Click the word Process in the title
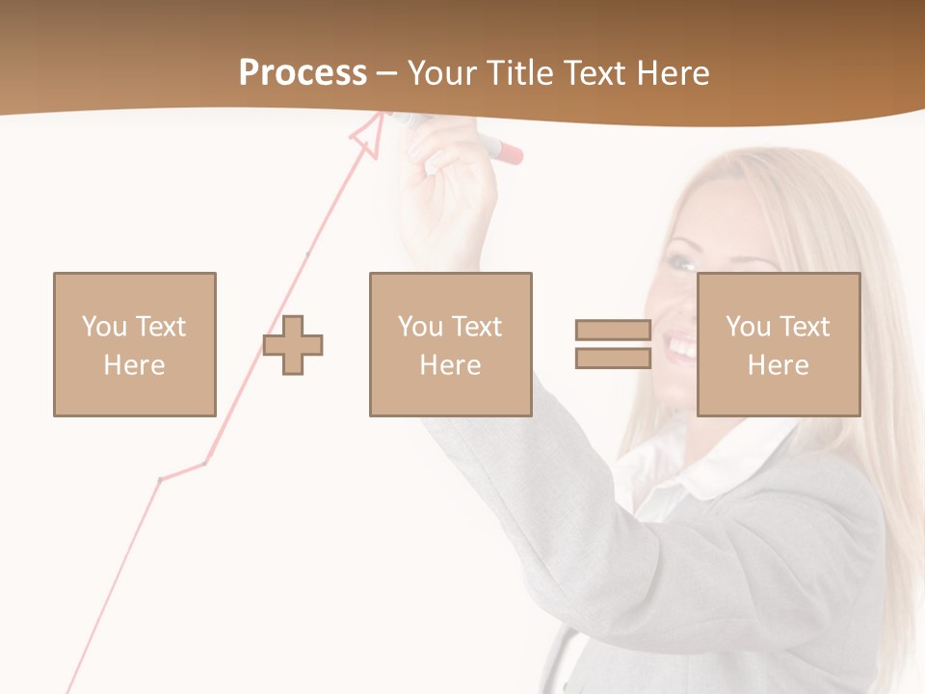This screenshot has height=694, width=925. click(303, 73)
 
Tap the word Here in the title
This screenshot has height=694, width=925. click(672, 73)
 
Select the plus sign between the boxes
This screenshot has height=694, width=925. click(294, 344)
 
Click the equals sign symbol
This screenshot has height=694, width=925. click(613, 344)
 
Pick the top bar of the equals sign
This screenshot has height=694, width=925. click(613, 330)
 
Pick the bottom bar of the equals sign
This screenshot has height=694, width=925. click(613, 359)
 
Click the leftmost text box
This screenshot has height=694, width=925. click(135, 344)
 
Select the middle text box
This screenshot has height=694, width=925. click(450, 344)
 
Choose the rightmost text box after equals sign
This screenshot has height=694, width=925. click(779, 344)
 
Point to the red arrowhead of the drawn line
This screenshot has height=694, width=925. click(367, 134)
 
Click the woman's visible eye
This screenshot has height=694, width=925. click(683, 261)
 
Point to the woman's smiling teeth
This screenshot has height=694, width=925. click(683, 346)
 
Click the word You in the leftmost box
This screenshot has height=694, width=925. click(103, 327)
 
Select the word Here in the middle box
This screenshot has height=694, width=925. click(450, 365)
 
